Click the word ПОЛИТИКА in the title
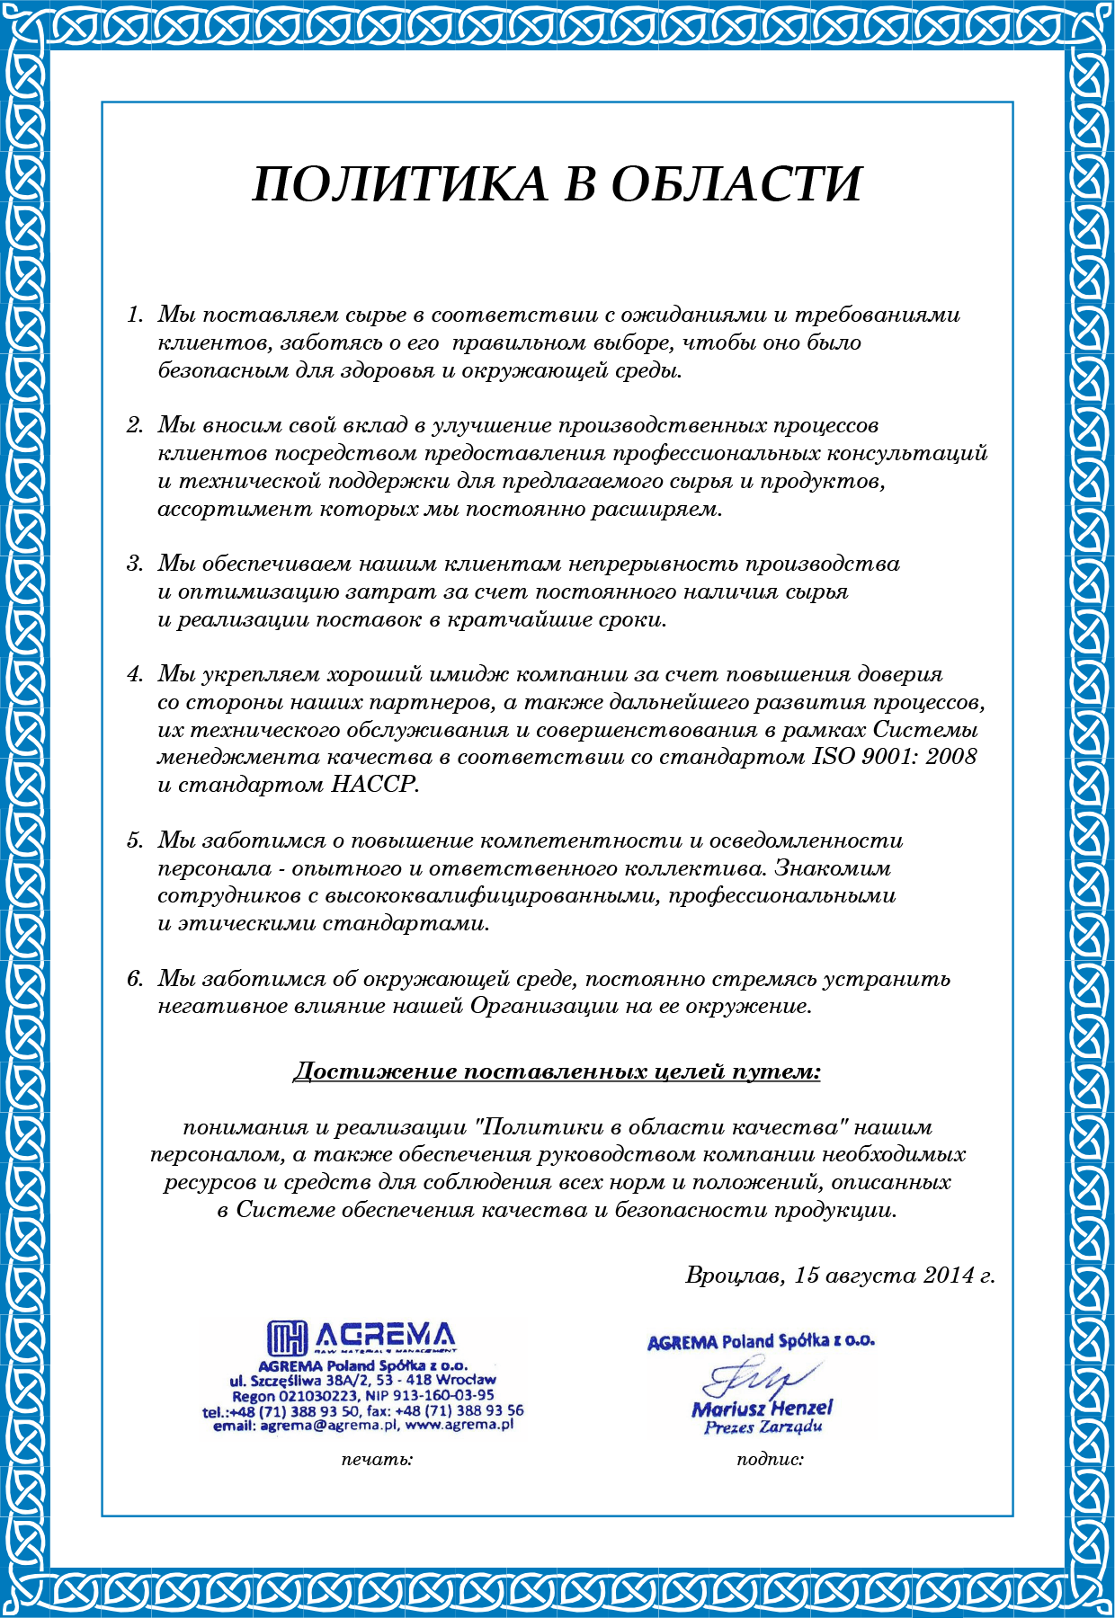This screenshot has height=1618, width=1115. pos(400,184)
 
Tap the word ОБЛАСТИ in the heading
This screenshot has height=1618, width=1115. pos(736,184)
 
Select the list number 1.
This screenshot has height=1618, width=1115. pos(135,316)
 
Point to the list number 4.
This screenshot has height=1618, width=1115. pos(135,674)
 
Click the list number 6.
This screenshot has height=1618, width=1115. pos(135,979)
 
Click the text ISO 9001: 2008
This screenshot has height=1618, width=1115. pos(895,757)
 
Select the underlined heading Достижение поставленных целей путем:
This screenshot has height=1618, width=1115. pos(557,1071)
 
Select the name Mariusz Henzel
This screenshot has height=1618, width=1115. pos(763,1408)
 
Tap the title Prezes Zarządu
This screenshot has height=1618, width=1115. pos(763,1427)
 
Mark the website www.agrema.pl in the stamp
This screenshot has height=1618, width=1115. pos(459,1425)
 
